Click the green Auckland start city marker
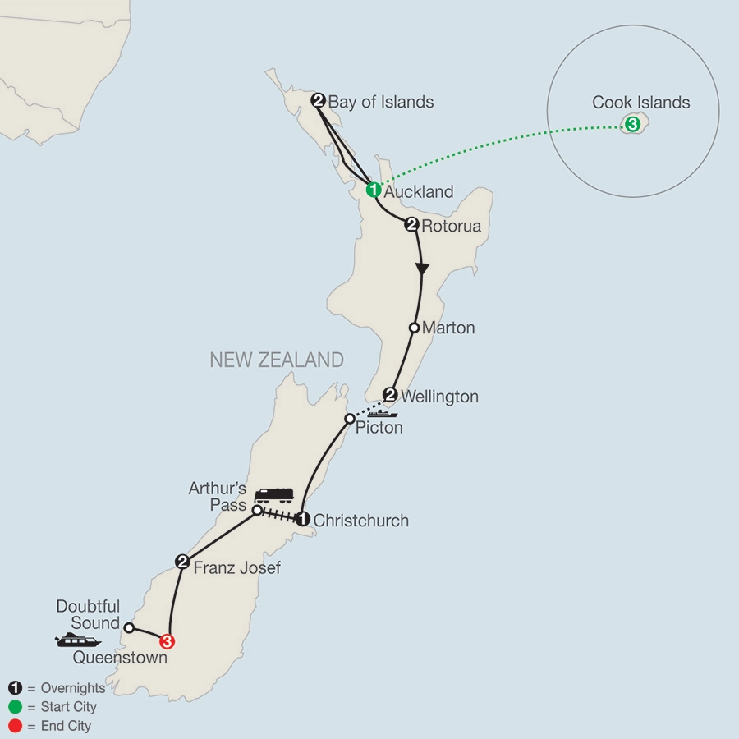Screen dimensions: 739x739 click(x=373, y=190)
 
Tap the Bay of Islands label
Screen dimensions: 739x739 click(x=380, y=103)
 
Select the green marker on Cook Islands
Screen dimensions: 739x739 click(x=632, y=125)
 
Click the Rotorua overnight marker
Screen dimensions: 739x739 click(x=412, y=225)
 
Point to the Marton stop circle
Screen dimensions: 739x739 click(x=415, y=328)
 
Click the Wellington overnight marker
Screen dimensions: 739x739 click(x=390, y=394)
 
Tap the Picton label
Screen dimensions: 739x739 click(x=379, y=427)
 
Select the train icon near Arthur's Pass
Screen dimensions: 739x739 click(x=274, y=494)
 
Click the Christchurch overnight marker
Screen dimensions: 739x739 click(x=302, y=519)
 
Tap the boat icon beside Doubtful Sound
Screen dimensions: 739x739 click(x=78, y=640)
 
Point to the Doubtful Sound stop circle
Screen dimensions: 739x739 click(x=129, y=627)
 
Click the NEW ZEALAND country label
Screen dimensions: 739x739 click(x=276, y=360)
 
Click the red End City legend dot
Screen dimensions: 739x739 click(x=14, y=725)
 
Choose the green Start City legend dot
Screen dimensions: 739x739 click(x=14, y=706)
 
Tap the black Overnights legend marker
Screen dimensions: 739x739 click(x=14, y=688)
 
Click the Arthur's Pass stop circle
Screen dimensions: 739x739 click(x=256, y=510)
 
